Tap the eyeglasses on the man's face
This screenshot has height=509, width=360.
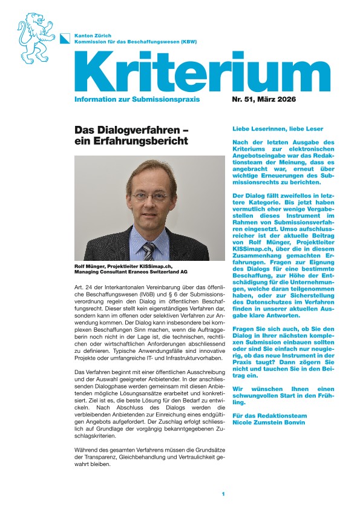pos(149,197)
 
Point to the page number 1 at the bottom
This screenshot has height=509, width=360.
pos(223,494)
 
